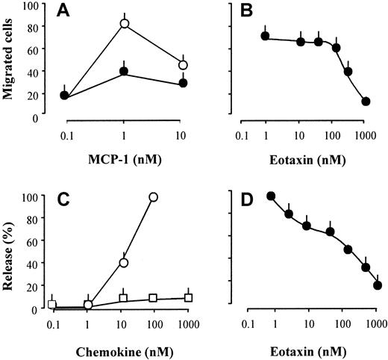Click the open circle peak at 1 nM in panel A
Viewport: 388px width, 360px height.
(124, 24)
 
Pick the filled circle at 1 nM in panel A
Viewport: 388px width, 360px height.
(124, 72)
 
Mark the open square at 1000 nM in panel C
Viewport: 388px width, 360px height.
(189, 297)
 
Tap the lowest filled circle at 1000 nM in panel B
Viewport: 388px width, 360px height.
(365, 102)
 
